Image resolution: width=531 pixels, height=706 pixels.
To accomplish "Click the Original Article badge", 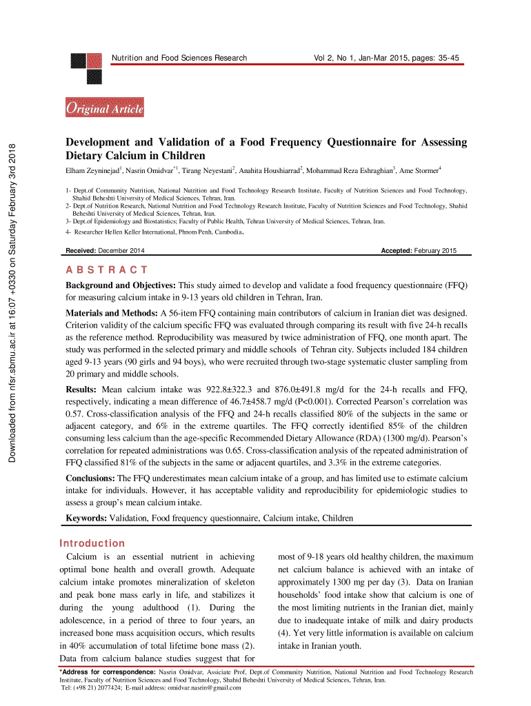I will tap(104, 108).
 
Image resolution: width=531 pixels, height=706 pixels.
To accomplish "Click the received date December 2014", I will tap(121, 250).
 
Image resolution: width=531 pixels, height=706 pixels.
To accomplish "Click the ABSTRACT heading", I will tap(106, 270).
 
